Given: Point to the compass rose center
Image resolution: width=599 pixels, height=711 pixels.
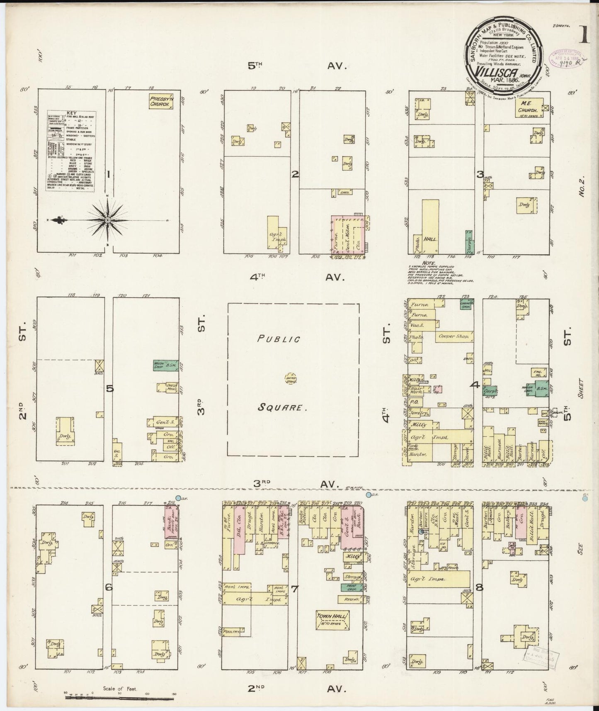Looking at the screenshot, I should [x=108, y=220].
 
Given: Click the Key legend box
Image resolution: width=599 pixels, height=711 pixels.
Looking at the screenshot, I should [x=71, y=151].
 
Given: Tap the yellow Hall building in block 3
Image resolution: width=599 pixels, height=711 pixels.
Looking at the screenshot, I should [x=430, y=226].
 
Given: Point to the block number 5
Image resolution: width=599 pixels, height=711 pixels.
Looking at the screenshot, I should [x=109, y=389].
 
